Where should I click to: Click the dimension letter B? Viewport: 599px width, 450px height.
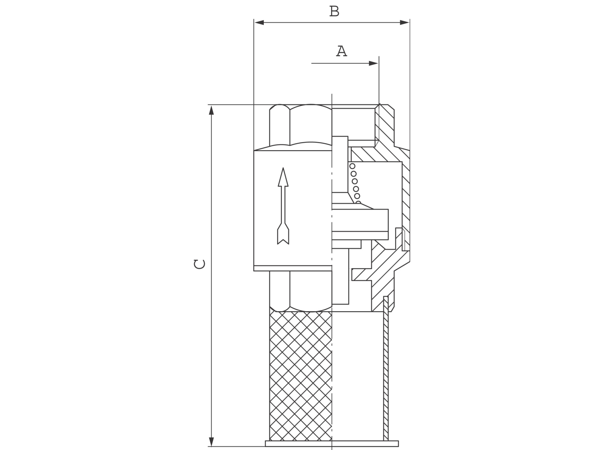(x=334, y=11)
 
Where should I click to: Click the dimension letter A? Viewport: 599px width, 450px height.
(x=341, y=51)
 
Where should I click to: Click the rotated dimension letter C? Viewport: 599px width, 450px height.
(x=200, y=264)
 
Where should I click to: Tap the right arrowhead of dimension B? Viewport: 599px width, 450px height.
(x=404, y=23)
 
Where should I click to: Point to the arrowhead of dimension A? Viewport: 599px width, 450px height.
(x=373, y=63)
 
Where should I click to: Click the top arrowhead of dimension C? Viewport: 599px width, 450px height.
(x=211, y=110)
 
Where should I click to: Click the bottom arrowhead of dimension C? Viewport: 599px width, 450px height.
(x=211, y=441)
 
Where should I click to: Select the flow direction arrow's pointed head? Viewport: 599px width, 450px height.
(x=283, y=178)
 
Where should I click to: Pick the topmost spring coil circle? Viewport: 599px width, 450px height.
(x=353, y=166)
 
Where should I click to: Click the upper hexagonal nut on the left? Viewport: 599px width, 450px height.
(x=300, y=126)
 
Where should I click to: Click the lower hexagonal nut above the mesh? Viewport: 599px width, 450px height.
(x=300, y=291)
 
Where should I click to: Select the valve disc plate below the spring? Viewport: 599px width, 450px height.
(x=360, y=220)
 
